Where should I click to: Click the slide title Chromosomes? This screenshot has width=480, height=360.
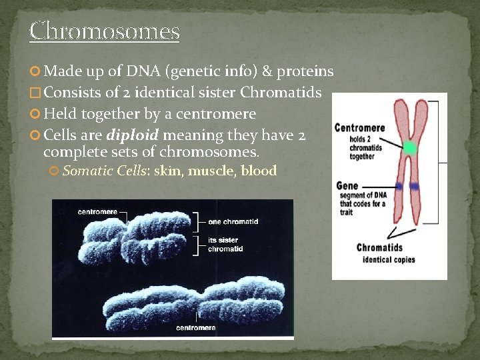(x=105, y=31)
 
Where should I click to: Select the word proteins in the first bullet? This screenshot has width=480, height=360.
(x=305, y=71)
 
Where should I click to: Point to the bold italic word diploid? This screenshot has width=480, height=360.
(x=132, y=135)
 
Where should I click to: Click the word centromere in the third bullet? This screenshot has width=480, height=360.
(x=223, y=114)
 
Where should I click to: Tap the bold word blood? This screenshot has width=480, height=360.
(x=259, y=171)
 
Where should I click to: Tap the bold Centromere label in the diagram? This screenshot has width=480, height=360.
(x=359, y=127)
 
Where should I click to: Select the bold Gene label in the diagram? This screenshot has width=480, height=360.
(x=347, y=186)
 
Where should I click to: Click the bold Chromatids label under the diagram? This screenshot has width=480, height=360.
(x=380, y=247)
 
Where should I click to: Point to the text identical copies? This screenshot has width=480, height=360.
(x=389, y=259)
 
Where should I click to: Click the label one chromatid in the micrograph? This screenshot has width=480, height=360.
(x=233, y=221)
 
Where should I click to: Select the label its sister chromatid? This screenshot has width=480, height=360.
(x=226, y=244)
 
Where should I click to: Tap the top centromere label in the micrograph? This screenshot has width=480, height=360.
(x=97, y=212)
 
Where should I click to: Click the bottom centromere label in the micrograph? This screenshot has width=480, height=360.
(x=196, y=328)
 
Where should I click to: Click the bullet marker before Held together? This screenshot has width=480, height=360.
(x=35, y=115)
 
